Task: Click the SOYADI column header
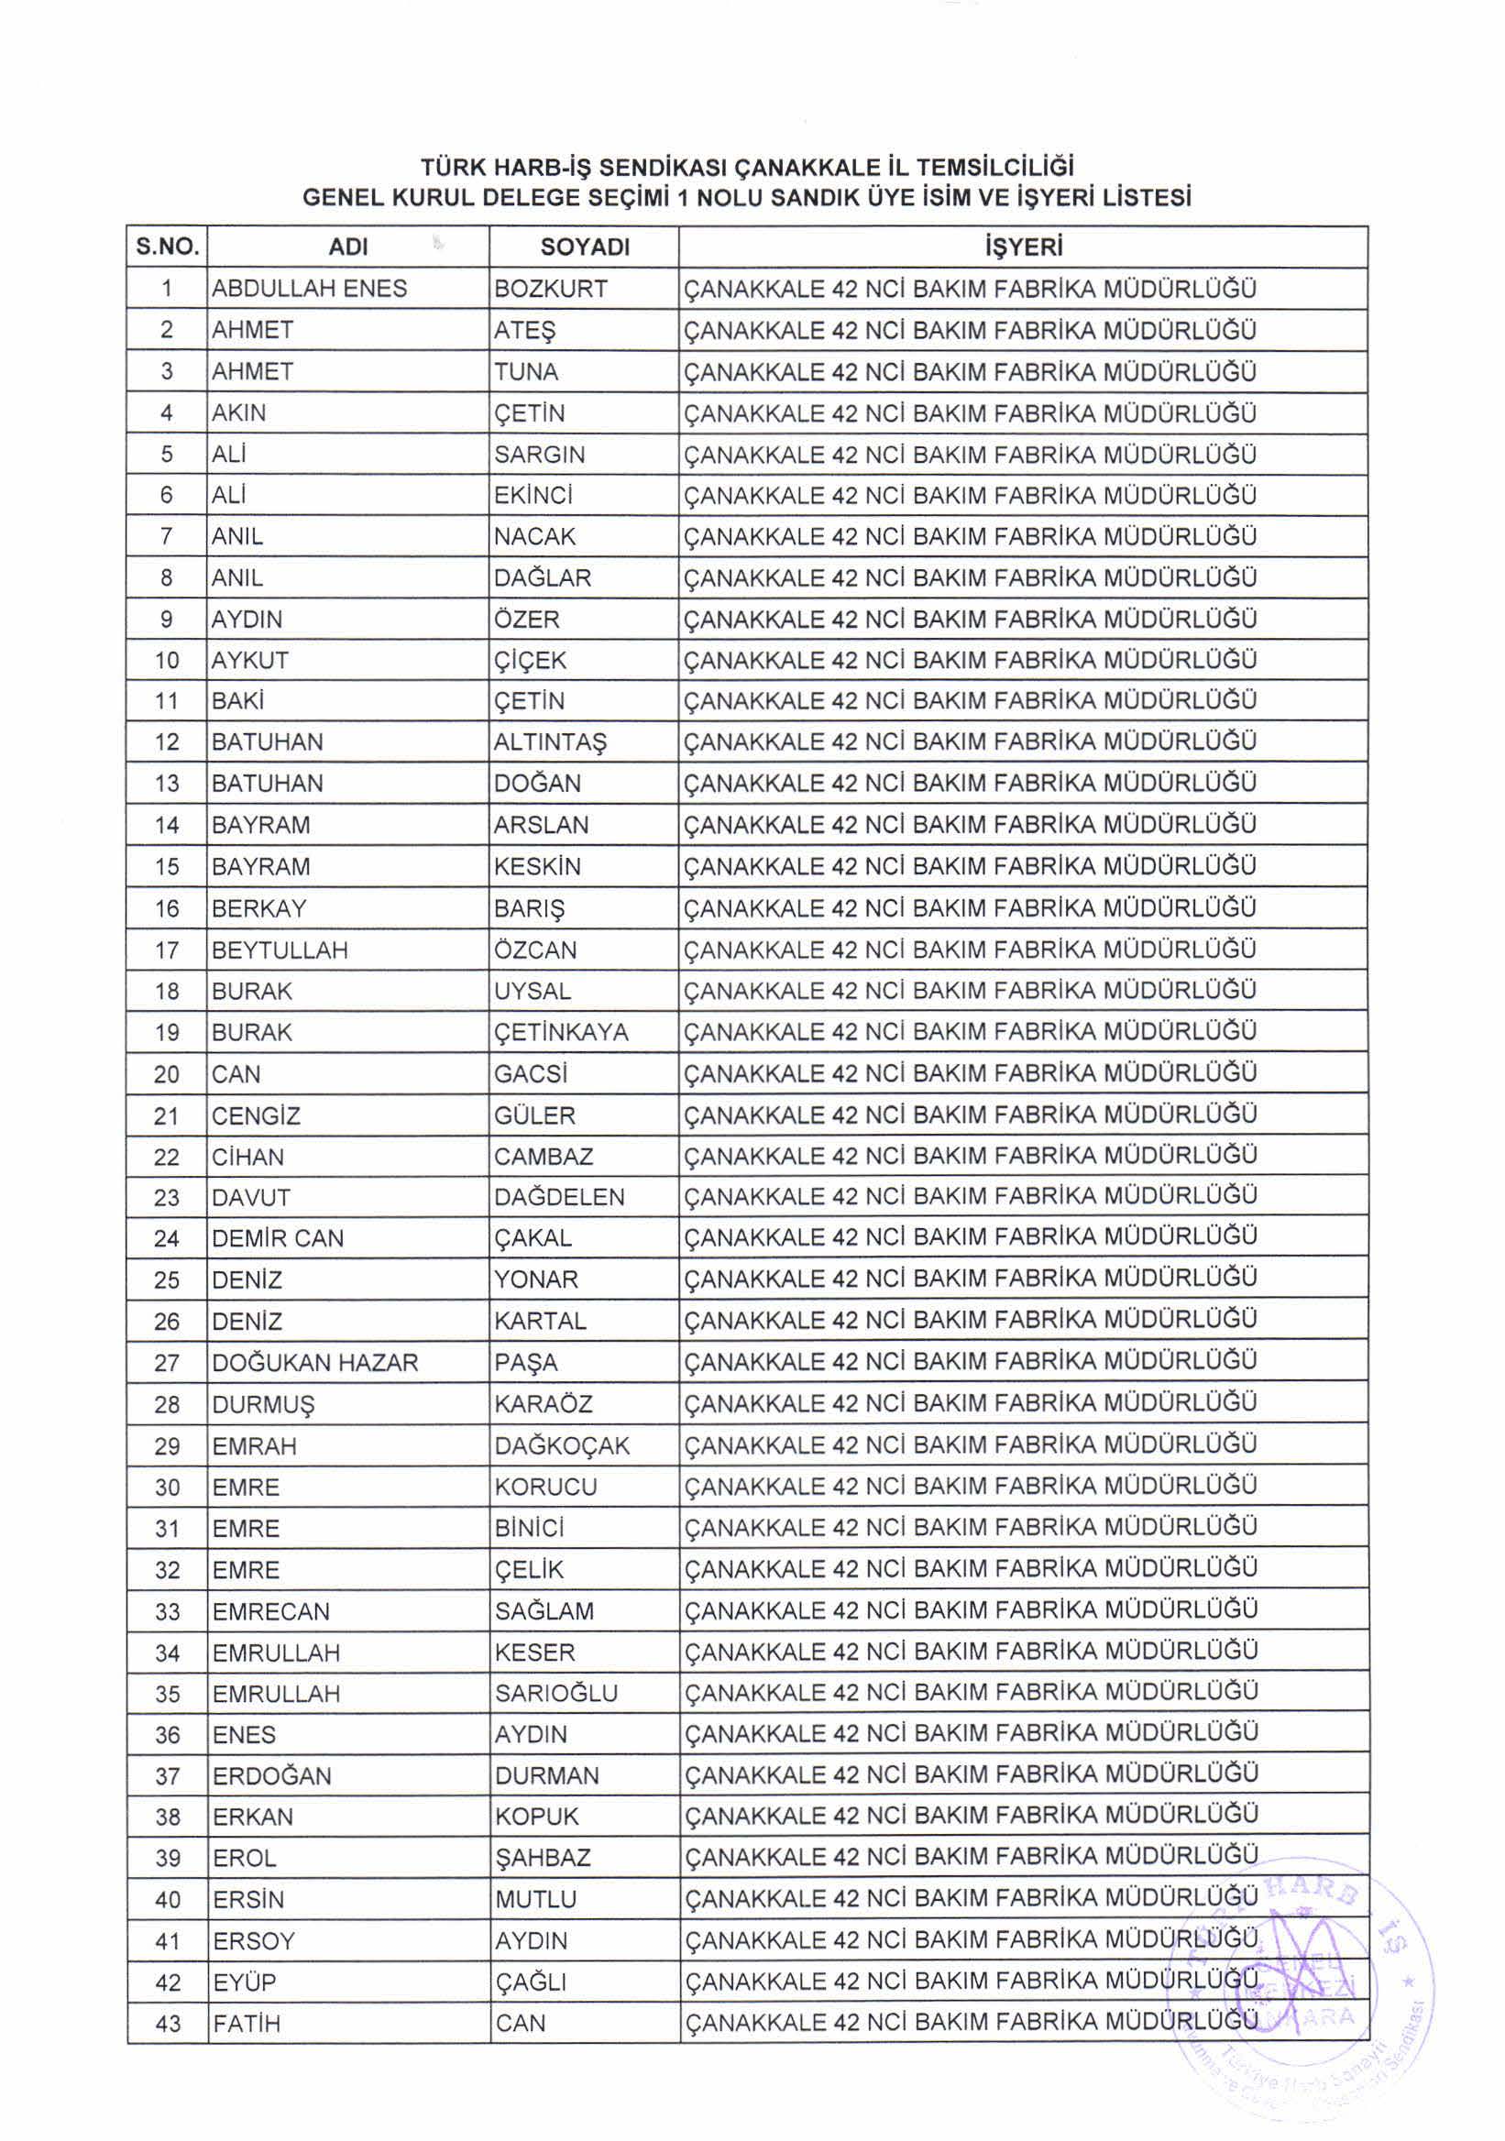click(x=585, y=247)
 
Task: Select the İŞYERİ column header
click(x=1023, y=247)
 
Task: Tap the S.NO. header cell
click(x=167, y=247)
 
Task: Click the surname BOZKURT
click(x=550, y=289)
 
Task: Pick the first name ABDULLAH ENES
click(x=309, y=289)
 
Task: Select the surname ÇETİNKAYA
click(x=560, y=1032)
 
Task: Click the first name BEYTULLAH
click(x=279, y=950)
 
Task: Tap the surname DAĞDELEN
click(x=558, y=1197)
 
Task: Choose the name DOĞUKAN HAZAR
click(x=314, y=1362)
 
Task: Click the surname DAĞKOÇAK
click(x=561, y=1445)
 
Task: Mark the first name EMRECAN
click(x=270, y=1611)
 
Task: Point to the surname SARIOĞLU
click(x=555, y=1694)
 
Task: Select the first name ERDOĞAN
click(x=271, y=1775)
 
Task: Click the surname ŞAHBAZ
click(x=542, y=1858)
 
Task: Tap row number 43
click(x=168, y=2024)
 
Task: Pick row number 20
click(x=167, y=1074)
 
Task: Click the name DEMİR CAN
click(x=277, y=1238)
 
